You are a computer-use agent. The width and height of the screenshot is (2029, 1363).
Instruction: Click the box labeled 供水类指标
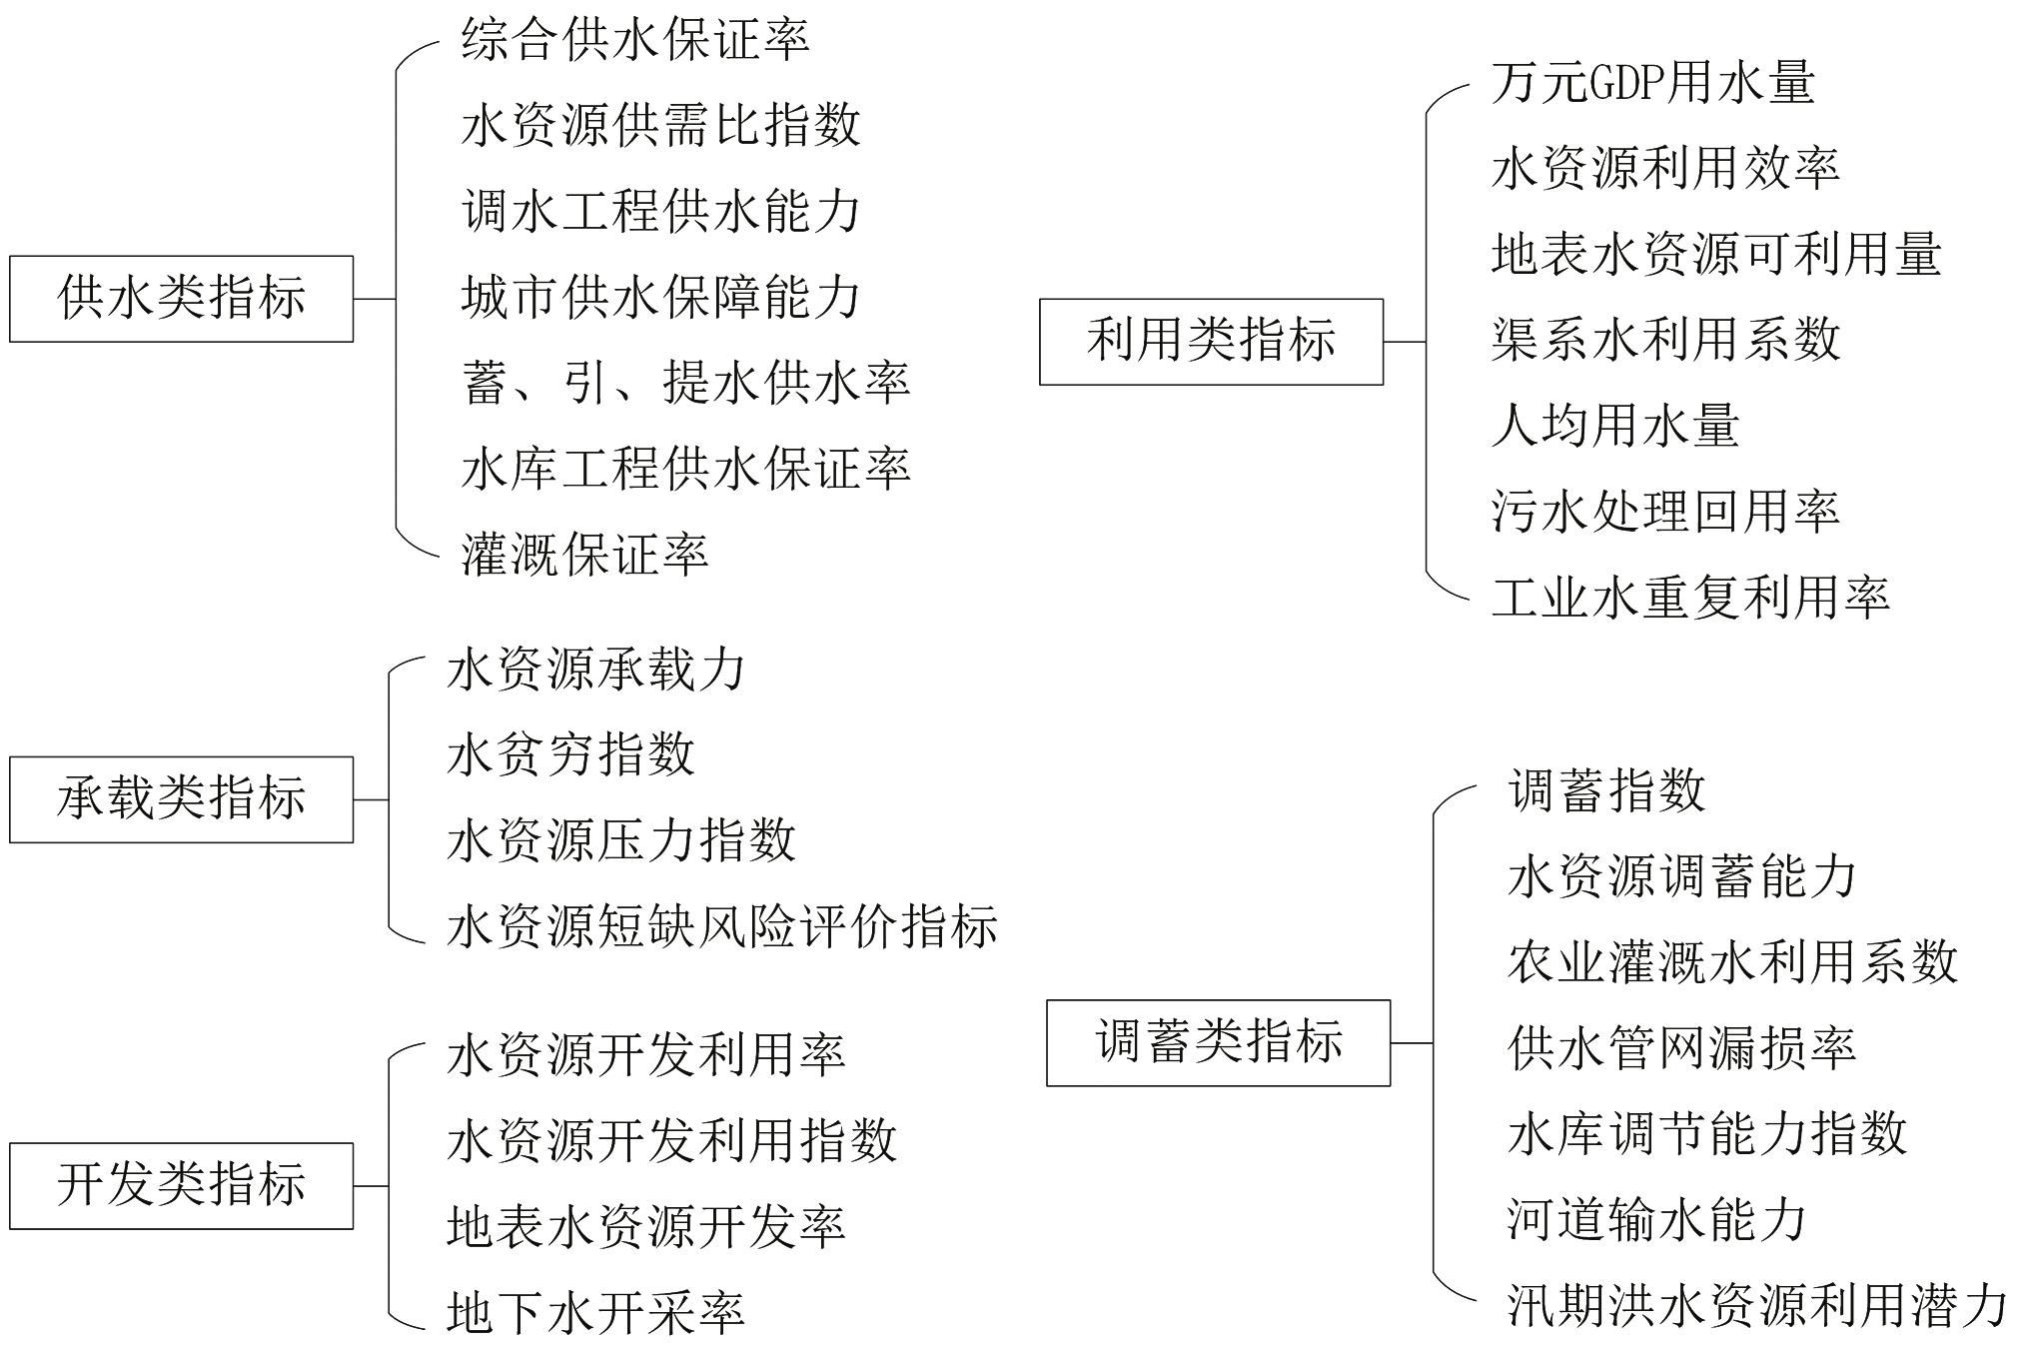(181, 299)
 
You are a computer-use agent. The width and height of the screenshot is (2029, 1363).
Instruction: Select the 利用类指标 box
(1211, 342)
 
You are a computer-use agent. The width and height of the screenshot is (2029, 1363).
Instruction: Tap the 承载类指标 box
(181, 799)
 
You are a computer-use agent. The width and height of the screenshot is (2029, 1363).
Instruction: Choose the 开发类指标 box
(181, 1185)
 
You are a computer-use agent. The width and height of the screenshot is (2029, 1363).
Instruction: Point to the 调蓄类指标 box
(1218, 1042)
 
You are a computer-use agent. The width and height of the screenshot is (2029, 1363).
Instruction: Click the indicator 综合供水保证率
(635, 40)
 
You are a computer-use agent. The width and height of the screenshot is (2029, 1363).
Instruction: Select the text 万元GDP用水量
(1652, 83)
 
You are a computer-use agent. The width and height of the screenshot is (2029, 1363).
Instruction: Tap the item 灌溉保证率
(585, 555)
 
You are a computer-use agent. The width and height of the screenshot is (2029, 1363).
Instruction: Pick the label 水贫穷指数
(570, 754)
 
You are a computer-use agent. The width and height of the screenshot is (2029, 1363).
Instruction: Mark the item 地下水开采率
(595, 1312)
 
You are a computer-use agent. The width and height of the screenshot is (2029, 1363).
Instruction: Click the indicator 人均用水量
(1615, 426)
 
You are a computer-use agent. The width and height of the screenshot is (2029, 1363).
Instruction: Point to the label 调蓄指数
(1606, 791)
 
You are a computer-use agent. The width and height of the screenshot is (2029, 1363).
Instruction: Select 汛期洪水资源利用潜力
(1757, 1305)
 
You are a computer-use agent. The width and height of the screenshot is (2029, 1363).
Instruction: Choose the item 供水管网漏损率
(1682, 1048)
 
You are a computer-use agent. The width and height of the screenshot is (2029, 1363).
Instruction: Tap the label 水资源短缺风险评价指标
(722, 926)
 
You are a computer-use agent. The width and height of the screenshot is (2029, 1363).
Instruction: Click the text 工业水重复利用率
(1690, 598)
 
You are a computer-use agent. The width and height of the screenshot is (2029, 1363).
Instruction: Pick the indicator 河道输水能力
(1657, 1220)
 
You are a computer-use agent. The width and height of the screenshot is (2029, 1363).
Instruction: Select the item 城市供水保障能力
(660, 298)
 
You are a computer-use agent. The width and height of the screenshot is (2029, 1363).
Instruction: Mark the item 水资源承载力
(595, 670)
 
